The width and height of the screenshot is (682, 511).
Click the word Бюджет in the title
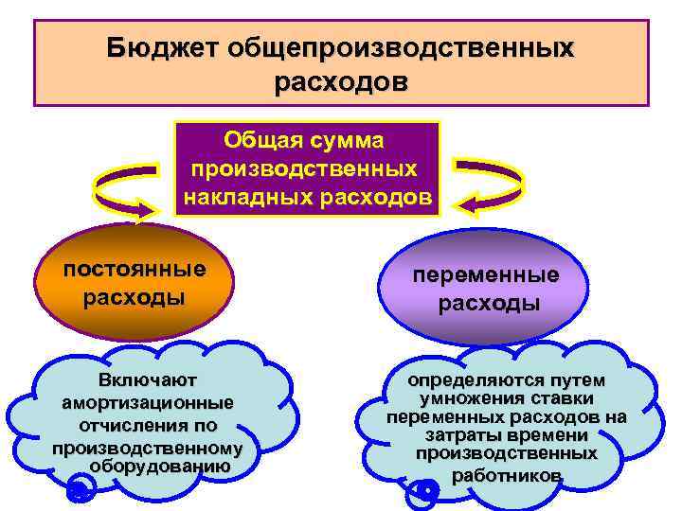[160, 47]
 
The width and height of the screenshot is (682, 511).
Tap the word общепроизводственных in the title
[397, 47]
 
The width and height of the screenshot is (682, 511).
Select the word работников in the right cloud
[507, 476]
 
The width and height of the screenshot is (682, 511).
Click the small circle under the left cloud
[81, 489]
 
